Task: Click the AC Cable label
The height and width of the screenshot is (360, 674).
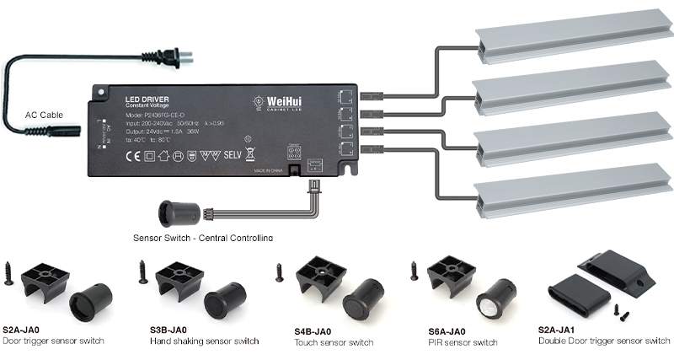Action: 44,115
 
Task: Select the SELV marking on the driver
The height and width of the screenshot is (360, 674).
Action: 233,155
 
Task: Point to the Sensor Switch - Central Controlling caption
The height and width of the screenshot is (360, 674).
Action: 202,238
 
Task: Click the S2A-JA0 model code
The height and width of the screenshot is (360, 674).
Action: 23,330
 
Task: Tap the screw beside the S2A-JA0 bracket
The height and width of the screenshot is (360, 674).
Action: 9,273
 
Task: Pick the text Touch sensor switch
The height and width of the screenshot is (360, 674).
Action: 334,342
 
